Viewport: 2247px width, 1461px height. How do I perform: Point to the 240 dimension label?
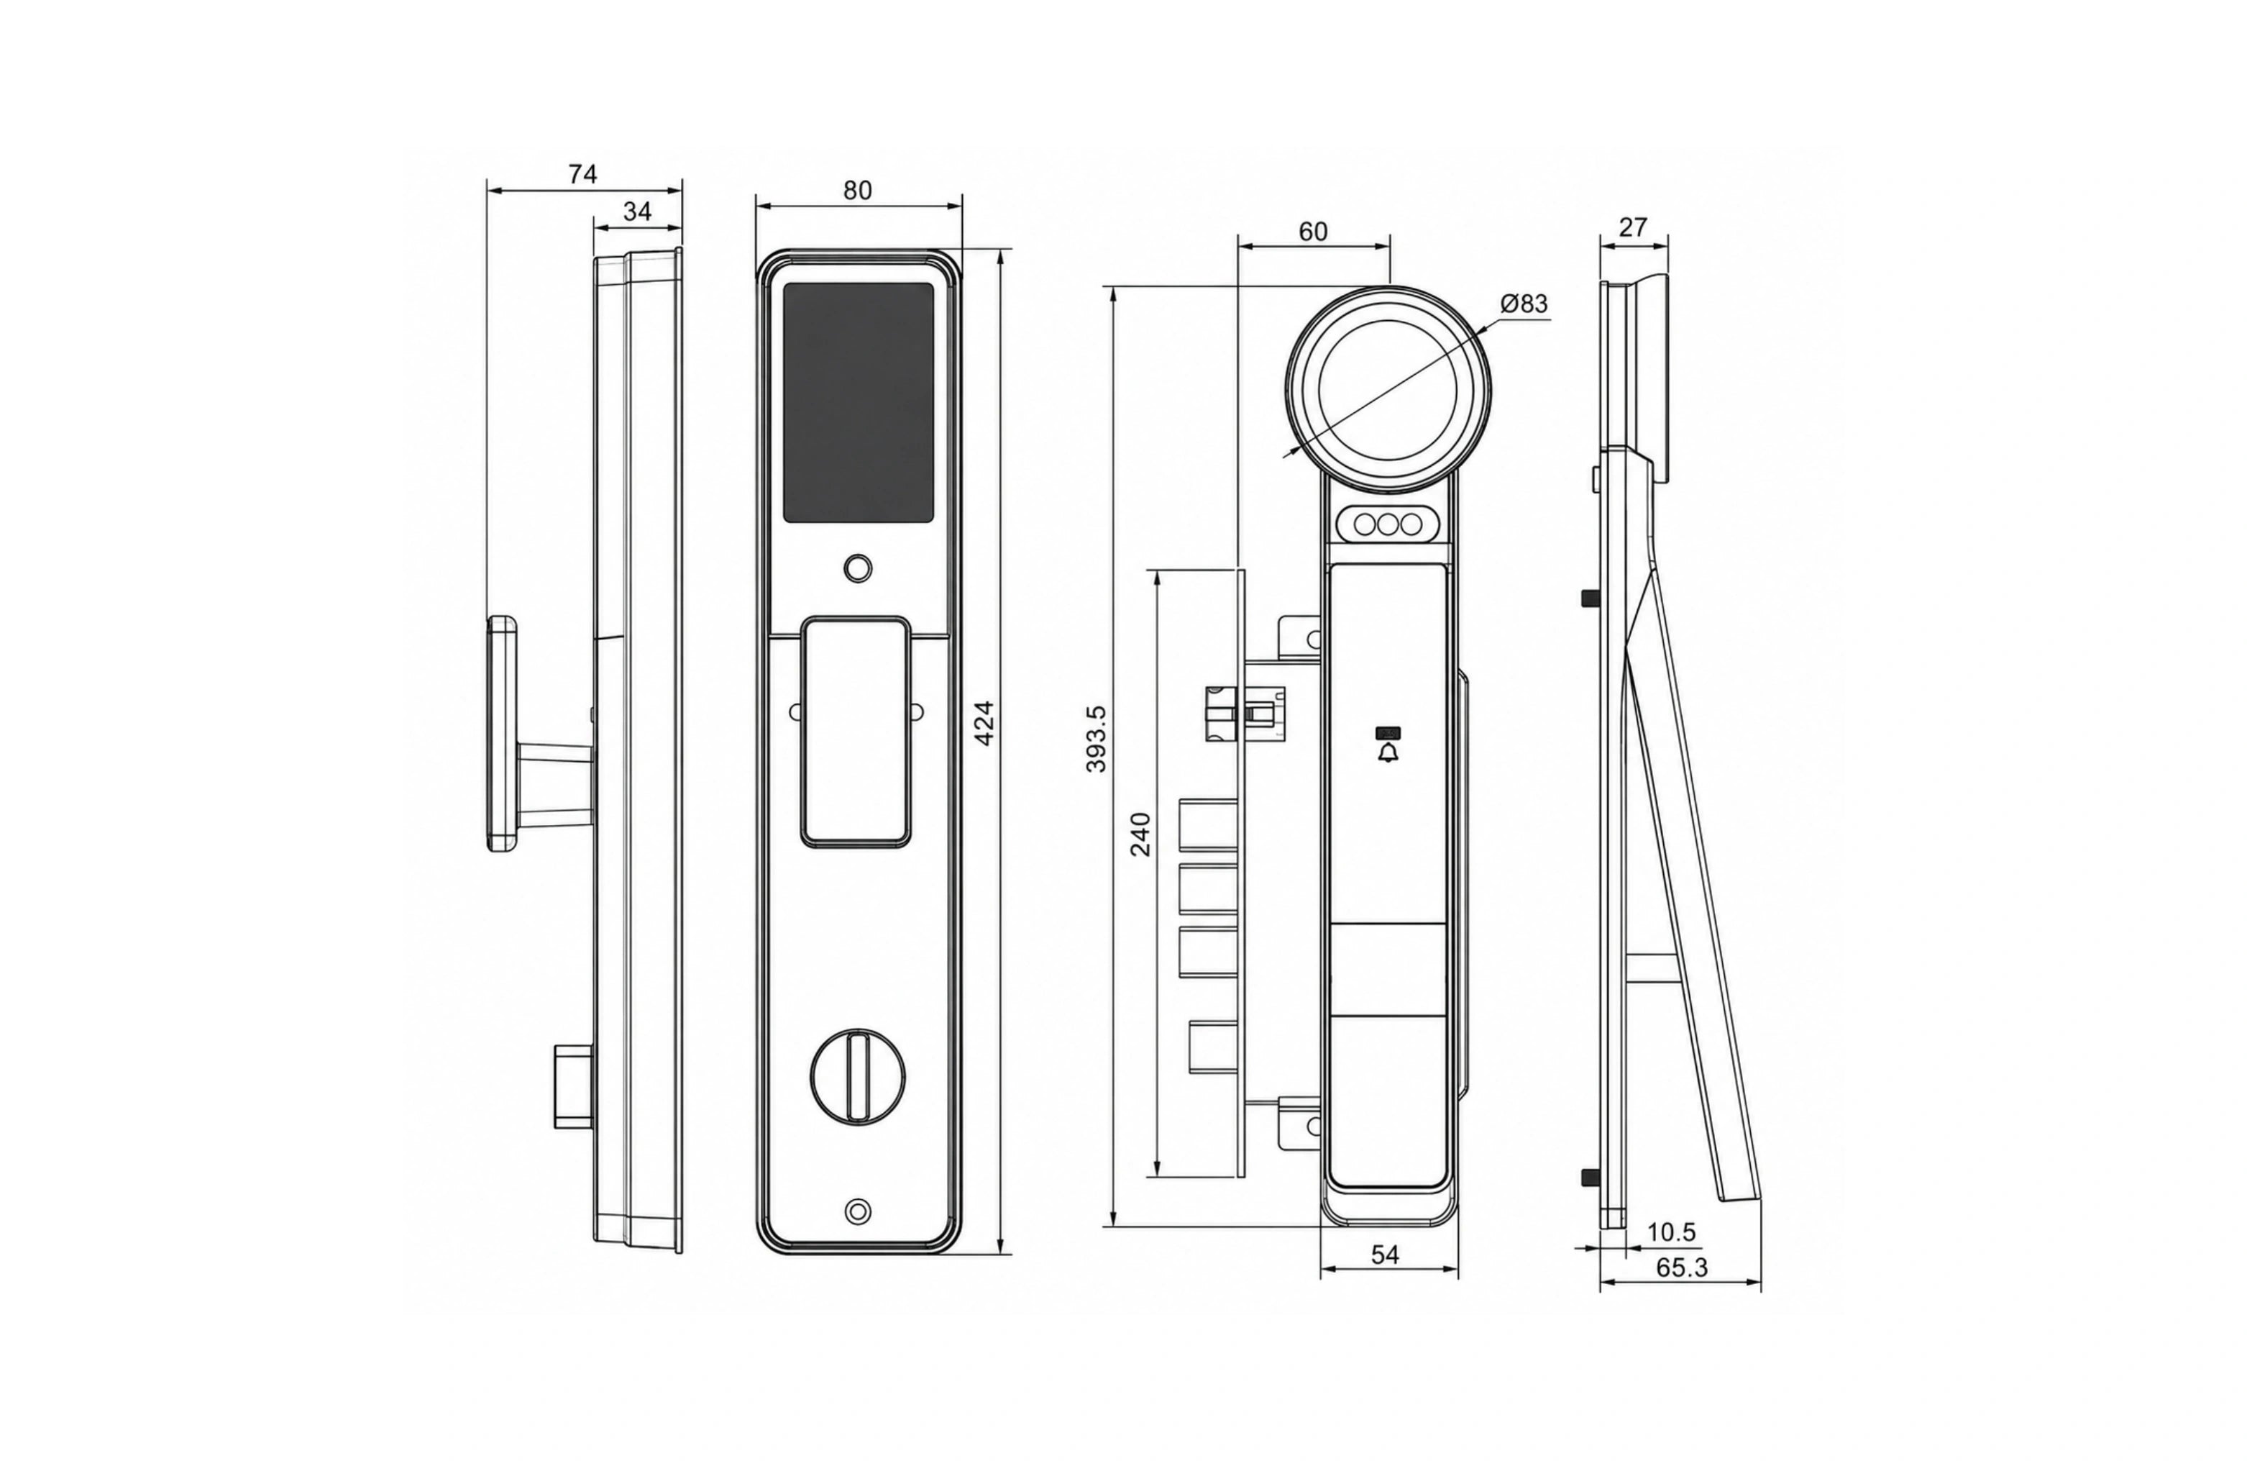tap(1140, 833)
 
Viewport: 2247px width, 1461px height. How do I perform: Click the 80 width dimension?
tap(857, 190)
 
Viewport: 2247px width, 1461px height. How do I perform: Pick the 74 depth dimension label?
tap(582, 174)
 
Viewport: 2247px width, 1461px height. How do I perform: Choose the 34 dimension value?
tap(637, 211)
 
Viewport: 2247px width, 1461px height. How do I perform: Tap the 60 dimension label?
tap(1312, 232)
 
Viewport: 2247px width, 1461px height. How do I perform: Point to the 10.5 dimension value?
tap(1671, 1232)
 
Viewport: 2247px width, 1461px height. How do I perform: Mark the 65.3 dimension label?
tap(1681, 1267)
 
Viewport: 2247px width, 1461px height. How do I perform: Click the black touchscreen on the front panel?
tap(859, 404)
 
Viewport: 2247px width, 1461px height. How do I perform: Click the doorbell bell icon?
tap(1388, 752)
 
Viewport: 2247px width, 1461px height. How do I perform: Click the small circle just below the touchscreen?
tap(857, 568)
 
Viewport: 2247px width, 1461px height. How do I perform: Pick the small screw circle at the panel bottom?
tap(857, 1211)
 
